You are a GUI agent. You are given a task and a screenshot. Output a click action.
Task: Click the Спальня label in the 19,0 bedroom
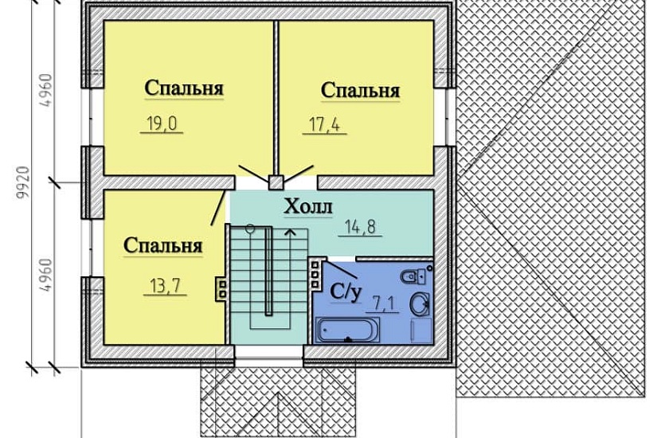[x=184, y=88]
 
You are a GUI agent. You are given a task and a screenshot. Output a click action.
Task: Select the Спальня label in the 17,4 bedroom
[x=360, y=90]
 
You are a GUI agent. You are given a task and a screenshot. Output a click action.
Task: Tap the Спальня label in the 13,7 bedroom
[x=163, y=245]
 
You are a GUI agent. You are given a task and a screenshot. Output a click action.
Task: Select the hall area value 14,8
[x=362, y=226]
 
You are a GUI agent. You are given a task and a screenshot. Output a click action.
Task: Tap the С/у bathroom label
[x=344, y=292]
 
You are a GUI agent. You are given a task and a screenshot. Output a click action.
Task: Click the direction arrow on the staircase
[x=289, y=233]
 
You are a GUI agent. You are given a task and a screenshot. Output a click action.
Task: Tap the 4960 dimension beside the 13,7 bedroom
[x=45, y=276]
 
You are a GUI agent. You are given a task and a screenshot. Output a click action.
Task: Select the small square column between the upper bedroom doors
[x=275, y=182]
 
